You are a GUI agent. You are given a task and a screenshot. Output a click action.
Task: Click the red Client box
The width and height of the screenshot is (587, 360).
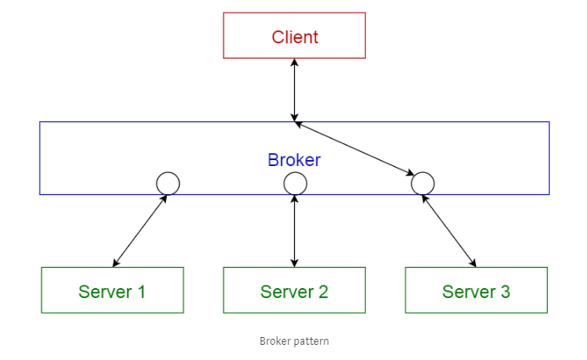[294, 36]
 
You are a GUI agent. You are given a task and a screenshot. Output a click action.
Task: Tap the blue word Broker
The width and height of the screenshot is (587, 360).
[294, 159]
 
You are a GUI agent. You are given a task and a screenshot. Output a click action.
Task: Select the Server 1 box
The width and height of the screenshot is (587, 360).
[112, 291]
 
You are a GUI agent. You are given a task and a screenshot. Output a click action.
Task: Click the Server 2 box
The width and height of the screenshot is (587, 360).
[294, 291]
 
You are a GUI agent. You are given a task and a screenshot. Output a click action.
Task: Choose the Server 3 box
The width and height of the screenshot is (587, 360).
[476, 291]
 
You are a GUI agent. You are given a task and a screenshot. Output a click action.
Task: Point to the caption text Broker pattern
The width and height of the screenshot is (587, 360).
[294, 341]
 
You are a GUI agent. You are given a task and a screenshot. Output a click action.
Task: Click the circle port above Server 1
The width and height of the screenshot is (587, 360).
[168, 183]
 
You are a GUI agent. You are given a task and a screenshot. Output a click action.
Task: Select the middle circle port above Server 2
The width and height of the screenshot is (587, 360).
[295, 183]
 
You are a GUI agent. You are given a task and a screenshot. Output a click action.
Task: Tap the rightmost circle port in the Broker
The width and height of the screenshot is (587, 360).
[422, 183]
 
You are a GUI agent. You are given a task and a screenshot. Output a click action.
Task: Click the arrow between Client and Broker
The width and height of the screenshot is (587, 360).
[295, 90]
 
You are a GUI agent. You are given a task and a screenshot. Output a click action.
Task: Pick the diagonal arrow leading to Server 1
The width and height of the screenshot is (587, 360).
[140, 230]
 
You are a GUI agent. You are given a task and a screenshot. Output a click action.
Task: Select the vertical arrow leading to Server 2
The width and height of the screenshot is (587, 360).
[295, 230]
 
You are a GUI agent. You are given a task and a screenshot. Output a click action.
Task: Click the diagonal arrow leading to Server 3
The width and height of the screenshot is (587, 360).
[449, 230]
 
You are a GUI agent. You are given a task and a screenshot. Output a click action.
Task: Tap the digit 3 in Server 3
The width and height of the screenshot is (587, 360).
[506, 291]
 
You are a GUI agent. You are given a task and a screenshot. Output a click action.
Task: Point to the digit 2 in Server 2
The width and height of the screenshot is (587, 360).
[323, 291]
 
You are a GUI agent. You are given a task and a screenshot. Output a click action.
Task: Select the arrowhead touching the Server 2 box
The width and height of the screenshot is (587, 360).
[295, 263]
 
